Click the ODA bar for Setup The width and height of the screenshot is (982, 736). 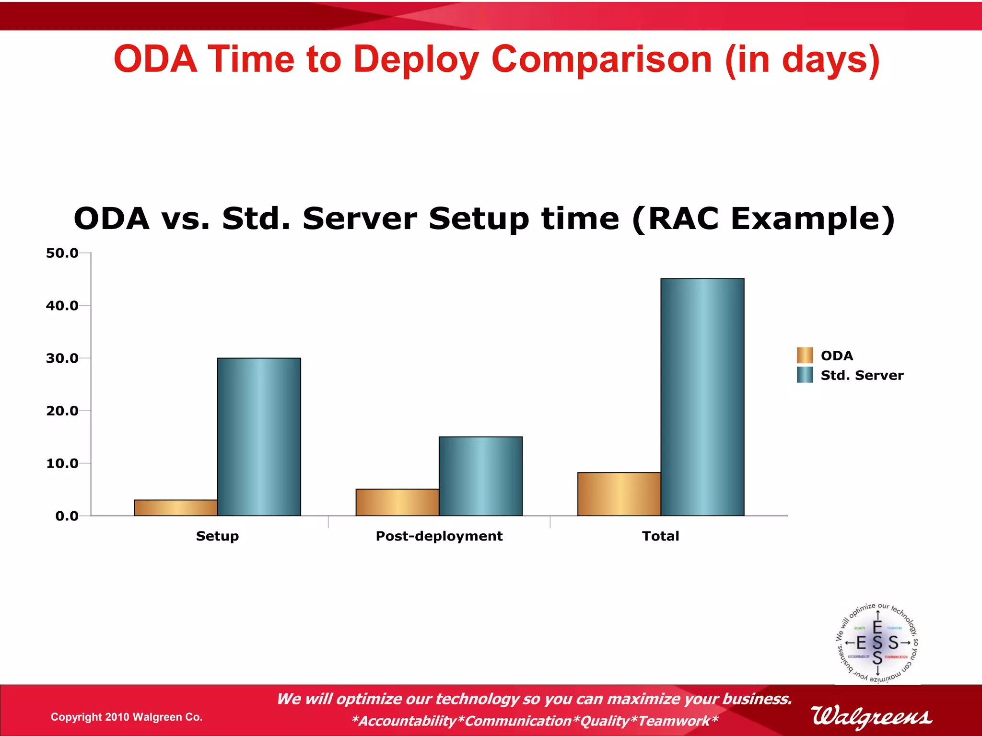tap(175, 508)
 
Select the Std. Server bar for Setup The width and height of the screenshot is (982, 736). tap(259, 437)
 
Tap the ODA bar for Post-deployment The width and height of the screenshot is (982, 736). tap(397, 502)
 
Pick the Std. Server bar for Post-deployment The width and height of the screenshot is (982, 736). tap(480, 476)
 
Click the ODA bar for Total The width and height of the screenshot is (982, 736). tap(619, 494)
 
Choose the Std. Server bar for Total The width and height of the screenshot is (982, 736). tap(702, 397)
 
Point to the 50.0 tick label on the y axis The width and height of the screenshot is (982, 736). tap(62, 253)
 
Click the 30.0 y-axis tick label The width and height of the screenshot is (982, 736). tap(62, 358)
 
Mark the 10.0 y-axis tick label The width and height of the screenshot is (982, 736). tap(62, 463)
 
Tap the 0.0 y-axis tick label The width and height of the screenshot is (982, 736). tap(67, 516)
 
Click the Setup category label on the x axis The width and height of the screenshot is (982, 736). tap(217, 536)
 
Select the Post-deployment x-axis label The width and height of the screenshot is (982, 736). tap(439, 536)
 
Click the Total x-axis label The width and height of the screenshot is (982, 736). tap(660, 536)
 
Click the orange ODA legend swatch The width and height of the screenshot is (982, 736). tap(805, 356)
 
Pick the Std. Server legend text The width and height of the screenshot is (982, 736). tap(862, 375)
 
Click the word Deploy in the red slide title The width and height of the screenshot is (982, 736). tap(416, 60)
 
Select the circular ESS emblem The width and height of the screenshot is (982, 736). tap(877, 643)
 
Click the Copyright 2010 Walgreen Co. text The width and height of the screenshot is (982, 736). tap(127, 717)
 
